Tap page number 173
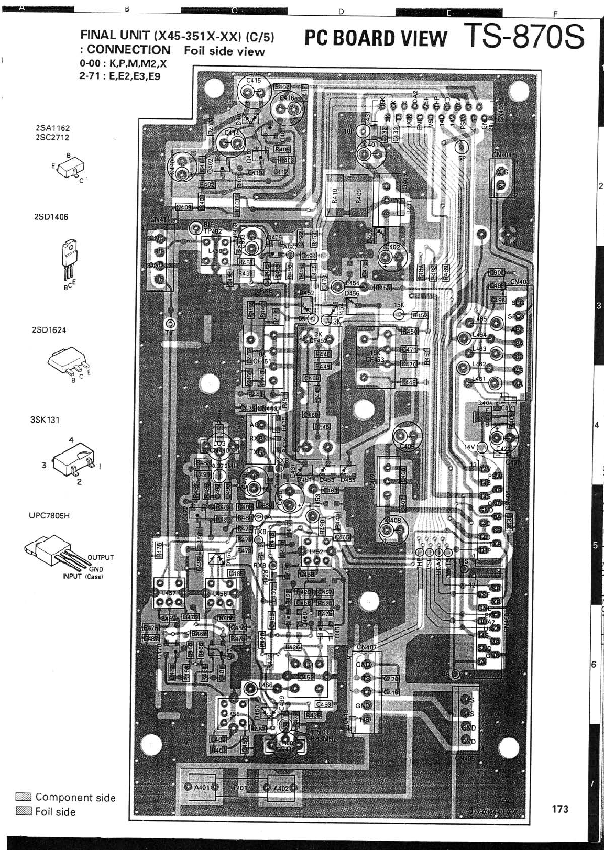point(560,809)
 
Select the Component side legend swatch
point(24,797)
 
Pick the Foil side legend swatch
point(24,811)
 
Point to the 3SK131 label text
point(45,420)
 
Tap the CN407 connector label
point(367,647)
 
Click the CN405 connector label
point(465,758)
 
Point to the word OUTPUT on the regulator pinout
point(101,558)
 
